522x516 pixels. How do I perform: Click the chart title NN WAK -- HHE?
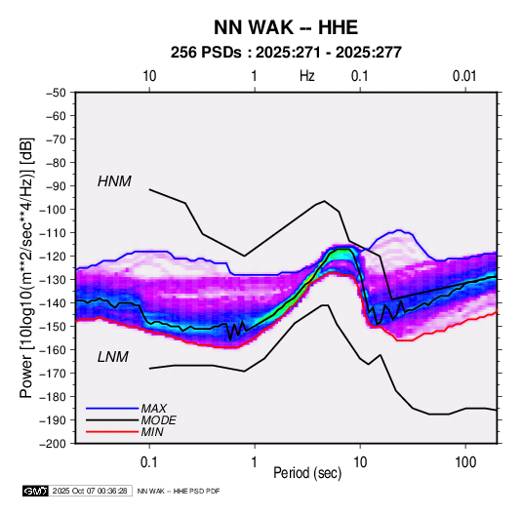point(286,27)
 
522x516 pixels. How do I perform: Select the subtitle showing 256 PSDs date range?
point(286,53)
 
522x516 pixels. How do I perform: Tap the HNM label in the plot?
point(114,181)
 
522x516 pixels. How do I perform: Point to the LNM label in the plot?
point(113,357)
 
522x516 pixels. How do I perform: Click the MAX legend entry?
point(154,409)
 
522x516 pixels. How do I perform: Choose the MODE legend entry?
point(158,420)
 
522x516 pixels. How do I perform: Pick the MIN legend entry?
point(152,432)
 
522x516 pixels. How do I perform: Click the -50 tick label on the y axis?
point(56,93)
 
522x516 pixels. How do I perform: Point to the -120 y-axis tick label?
point(53,257)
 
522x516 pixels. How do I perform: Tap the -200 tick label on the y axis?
point(53,444)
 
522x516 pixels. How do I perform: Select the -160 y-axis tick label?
point(53,350)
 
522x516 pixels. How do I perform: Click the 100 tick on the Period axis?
point(465,462)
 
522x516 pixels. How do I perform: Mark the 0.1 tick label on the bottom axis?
point(149,462)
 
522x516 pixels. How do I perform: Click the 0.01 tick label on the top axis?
point(464,76)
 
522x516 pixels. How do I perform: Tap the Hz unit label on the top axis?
point(307,76)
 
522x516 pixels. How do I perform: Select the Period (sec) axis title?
point(307,473)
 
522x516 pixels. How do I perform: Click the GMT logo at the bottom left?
point(36,491)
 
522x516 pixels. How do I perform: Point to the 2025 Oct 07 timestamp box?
point(90,491)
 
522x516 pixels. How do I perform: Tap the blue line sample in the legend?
point(112,409)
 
